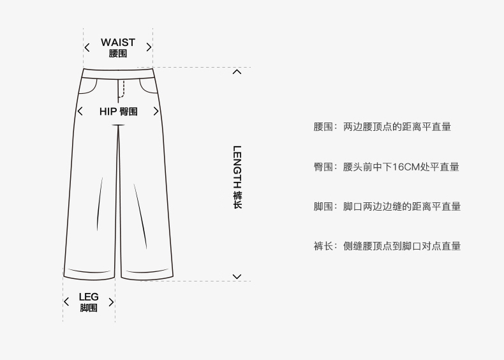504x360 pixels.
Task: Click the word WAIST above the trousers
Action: point(118,42)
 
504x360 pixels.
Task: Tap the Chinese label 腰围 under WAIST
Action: point(118,54)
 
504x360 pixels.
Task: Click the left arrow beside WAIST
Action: point(87,47)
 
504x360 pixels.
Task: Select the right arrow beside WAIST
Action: point(149,47)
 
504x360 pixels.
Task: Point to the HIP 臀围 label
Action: point(118,112)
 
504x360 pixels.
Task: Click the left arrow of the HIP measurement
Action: point(80,112)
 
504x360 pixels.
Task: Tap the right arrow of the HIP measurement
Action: point(156,112)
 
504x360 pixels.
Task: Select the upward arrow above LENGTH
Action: point(237,71)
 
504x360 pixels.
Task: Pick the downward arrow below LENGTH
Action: point(237,276)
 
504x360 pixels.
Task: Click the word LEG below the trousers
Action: point(89,297)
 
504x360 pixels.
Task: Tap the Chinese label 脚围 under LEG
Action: point(89,308)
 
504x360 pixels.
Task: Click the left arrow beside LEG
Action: point(66,302)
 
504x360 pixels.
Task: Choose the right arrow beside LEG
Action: point(111,302)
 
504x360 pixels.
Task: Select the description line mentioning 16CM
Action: point(386,167)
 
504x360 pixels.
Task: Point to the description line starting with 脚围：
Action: point(387,206)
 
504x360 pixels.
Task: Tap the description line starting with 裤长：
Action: point(387,246)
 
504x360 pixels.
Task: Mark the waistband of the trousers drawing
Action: point(119,72)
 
